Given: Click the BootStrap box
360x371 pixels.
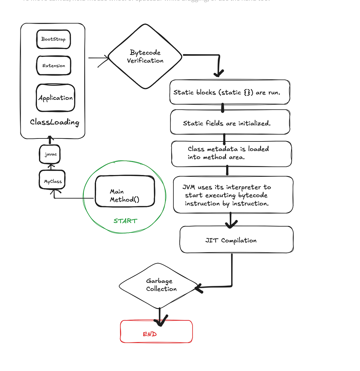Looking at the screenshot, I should [x=53, y=39].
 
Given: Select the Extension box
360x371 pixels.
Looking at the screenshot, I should [x=54, y=65].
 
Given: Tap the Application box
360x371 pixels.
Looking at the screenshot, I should [x=55, y=98].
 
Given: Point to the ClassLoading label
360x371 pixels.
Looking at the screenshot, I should [x=55, y=122].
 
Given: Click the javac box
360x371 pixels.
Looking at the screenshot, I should [x=50, y=154].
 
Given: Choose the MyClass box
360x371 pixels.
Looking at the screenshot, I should [x=52, y=180].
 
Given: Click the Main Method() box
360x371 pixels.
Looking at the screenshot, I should [x=125, y=191].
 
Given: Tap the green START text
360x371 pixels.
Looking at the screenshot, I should [x=125, y=221].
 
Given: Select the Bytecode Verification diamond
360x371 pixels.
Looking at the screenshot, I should [x=145, y=56].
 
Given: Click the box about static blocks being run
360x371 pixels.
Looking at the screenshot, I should [x=230, y=92].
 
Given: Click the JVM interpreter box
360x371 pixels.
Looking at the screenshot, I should [x=233, y=195].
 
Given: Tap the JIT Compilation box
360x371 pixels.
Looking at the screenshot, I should [x=236, y=240].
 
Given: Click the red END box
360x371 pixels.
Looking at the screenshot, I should [x=156, y=331].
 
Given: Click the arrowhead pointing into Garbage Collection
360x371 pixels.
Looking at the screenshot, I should [x=198, y=288].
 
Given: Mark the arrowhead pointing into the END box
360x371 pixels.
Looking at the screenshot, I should [x=160, y=322].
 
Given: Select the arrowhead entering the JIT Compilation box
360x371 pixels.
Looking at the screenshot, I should [x=230, y=224].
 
